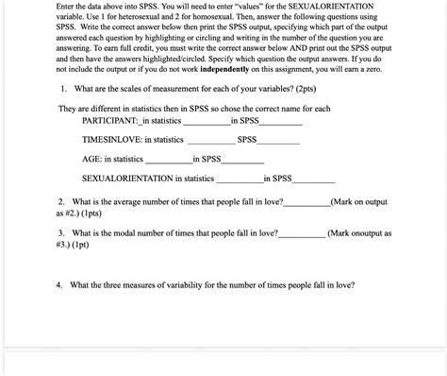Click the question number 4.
58,283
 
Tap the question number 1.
61,89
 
